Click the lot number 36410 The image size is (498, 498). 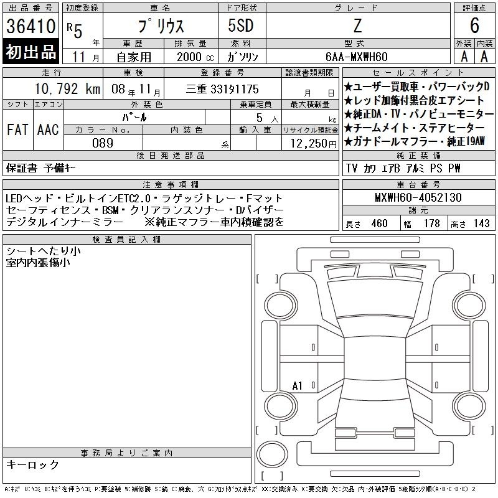[x=31, y=26]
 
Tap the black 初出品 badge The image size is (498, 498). [x=31, y=51]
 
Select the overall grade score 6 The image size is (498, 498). [x=474, y=26]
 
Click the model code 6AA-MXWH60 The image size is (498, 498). [x=357, y=57]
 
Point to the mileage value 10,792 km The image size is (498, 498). [x=67, y=88]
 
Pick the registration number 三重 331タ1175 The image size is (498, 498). [x=222, y=89]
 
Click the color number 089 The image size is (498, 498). [x=103, y=143]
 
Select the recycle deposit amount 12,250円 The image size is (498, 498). [x=314, y=144]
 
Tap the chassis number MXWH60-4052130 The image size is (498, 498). [x=418, y=197]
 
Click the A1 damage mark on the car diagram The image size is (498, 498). [x=297, y=386]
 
